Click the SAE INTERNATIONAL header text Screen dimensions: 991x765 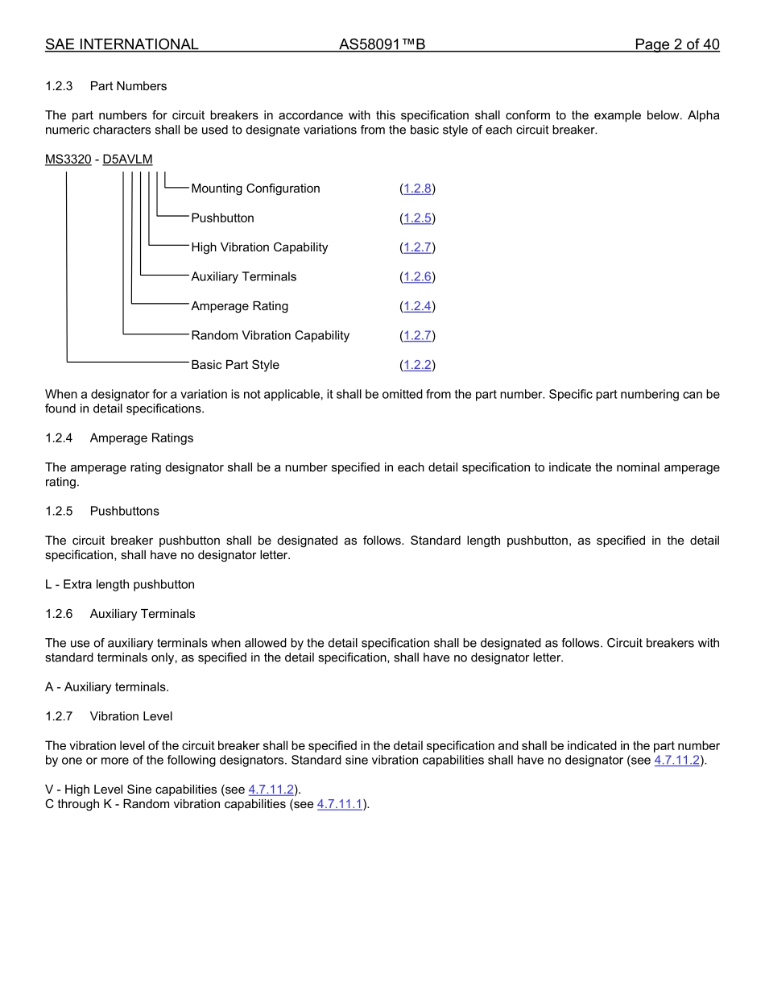(x=122, y=45)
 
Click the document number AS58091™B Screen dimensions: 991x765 (x=382, y=45)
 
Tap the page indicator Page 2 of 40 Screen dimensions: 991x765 (x=676, y=45)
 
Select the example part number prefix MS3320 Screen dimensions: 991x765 (x=68, y=160)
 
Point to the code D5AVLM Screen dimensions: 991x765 (x=127, y=160)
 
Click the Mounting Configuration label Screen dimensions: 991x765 (x=255, y=189)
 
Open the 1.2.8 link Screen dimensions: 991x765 (x=417, y=189)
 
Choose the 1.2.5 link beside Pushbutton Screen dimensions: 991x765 (x=417, y=218)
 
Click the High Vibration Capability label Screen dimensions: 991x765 (x=259, y=247)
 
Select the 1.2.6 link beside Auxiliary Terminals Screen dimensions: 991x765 (x=417, y=277)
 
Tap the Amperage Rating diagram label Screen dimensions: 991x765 (x=239, y=306)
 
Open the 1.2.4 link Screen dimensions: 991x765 (x=417, y=306)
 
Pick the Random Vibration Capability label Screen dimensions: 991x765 (x=270, y=336)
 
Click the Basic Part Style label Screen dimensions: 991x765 (x=235, y=365)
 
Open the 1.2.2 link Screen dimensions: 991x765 (x=417, y=365)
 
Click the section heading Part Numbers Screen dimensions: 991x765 (x=128, y=86)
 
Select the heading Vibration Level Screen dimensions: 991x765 (x=130, y=716)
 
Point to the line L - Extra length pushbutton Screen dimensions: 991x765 (x=120, y=585)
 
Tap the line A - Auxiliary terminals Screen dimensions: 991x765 (x=107, y=687)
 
